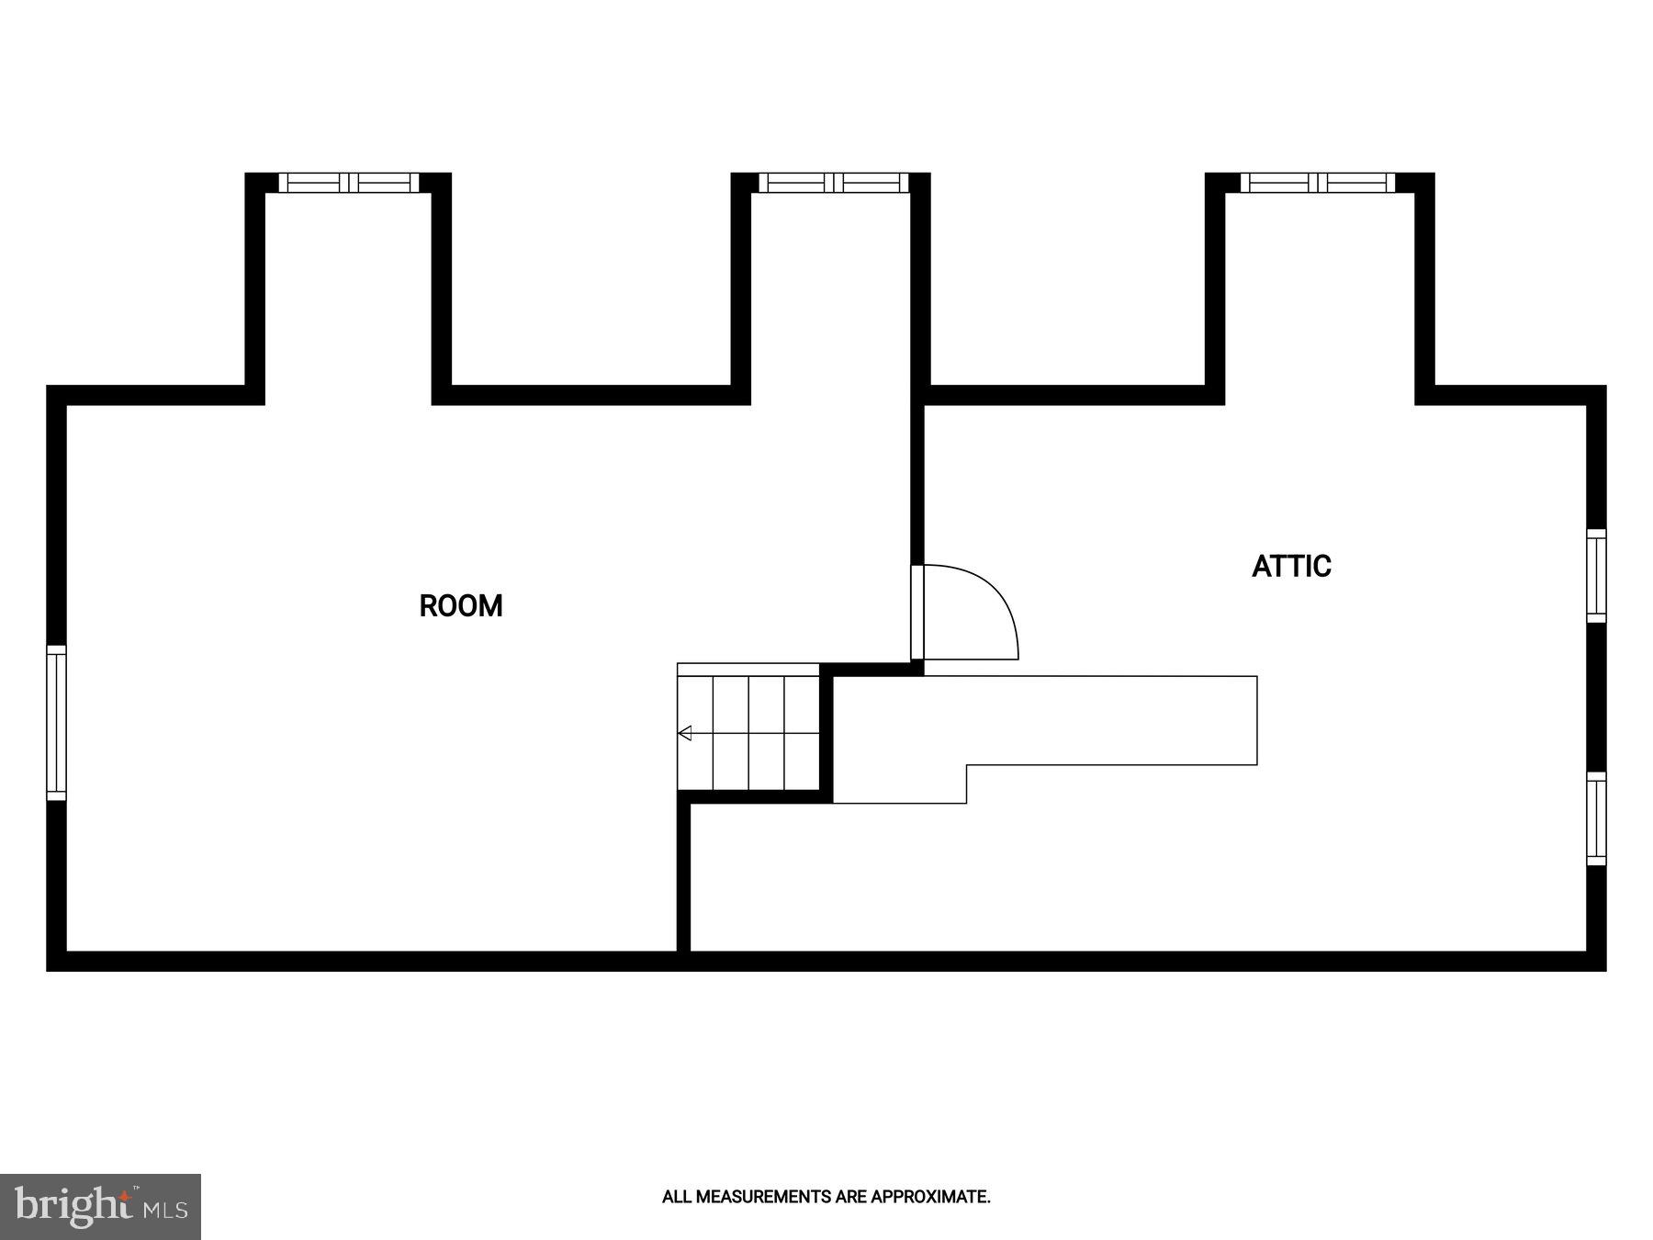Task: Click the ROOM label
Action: point(461,606)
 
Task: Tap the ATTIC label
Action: point(1291,566)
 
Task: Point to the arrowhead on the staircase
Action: point(684,733)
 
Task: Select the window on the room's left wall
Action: point(57,722)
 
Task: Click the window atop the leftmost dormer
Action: point(349,183)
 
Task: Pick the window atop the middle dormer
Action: point(833,183)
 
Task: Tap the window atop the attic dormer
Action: point(1318,183)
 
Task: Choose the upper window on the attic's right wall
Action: point(1597,576)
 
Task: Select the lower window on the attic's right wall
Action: point(1597,818)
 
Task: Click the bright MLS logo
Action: point(100,1206)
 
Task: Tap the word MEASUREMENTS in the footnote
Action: point(763,1197)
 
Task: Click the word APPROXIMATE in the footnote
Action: point(929,1197)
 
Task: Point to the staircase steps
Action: point(748,733)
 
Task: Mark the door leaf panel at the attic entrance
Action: point(917,613)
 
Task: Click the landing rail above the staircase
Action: point(748,669)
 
